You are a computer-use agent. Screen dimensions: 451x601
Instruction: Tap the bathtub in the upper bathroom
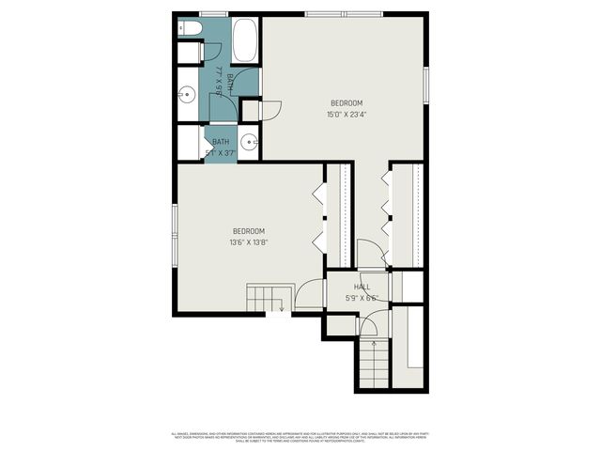[x=246, y=40]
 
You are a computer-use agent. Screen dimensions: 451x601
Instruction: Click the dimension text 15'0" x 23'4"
[x=346, y=116]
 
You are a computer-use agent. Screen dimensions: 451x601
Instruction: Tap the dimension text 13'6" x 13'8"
[x=249, y=242]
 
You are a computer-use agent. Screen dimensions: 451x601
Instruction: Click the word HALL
[x=362, y=287]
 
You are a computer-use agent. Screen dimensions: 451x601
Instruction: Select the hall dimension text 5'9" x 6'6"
[x=362, y=298]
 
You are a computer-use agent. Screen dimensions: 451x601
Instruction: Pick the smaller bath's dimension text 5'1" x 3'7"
[x=220, y=152]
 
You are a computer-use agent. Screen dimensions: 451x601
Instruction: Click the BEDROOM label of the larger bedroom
[x=346, y=103]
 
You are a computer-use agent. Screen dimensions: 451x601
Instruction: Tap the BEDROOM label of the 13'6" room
[x=249, y=231]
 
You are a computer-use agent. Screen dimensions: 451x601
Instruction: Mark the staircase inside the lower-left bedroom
[x=265, y=298]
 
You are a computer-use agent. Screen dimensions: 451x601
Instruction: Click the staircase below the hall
[x=374, y=365]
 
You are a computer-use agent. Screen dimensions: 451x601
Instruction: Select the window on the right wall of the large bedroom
[x=426, y=85]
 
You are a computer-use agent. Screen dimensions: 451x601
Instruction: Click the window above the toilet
[x=213, y=13]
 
